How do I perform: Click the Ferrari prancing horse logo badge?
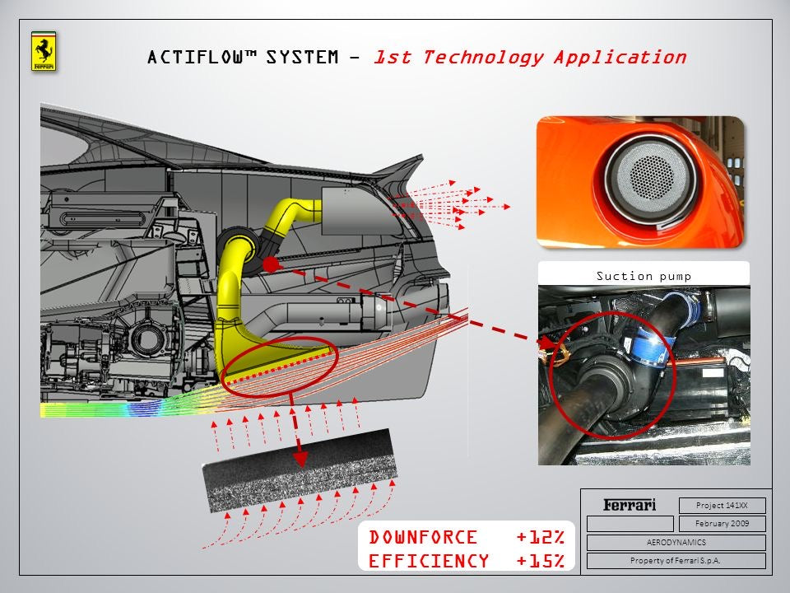[x=44, y=52]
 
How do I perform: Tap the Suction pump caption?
[x=644, y=276]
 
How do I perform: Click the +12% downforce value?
[x=540, y=538]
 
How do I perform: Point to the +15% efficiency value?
[x=540, y=561]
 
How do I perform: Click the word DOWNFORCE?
[x=423, y=538]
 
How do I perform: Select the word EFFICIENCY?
[x=429, y=561]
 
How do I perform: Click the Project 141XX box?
[x=722, y=506]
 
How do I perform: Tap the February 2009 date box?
[x=722, y=524]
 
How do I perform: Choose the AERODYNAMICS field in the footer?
[x=676, y=543]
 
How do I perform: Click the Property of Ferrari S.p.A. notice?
[x=676, y=561]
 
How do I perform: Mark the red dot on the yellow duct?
[x=270, y=264]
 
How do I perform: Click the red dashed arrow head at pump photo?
[x=545, y=340]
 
